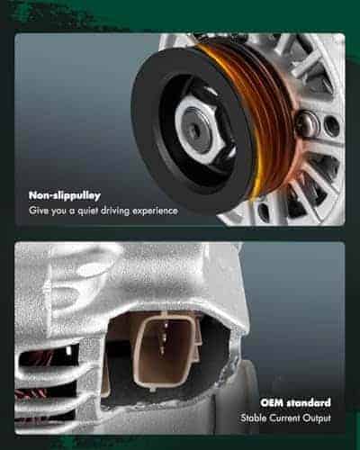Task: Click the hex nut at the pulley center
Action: click(201, 131)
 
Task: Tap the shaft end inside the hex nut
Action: click(196, 130)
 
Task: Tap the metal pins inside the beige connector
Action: click(163, 337)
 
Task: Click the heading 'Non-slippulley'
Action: click(65, 195)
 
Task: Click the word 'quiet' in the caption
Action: click(88, 211)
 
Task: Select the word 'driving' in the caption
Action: click(115, 211)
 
